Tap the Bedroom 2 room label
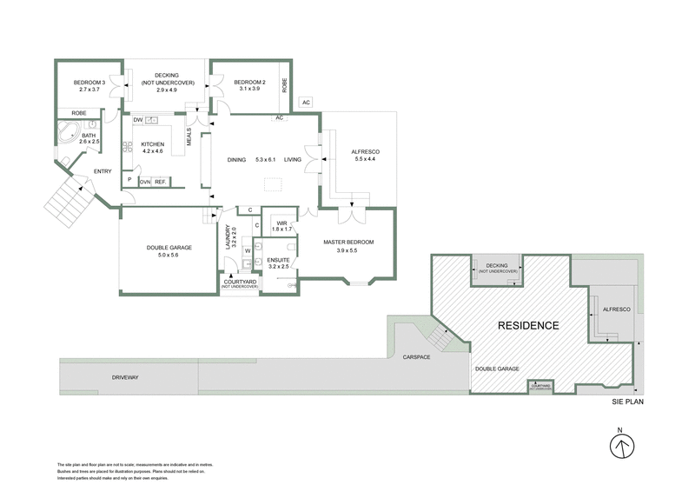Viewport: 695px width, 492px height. (247, 86)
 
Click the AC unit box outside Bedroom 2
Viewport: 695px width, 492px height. (305, 103)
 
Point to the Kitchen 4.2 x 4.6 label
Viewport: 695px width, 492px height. (152, 148)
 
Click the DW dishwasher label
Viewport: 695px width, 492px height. (138, 120)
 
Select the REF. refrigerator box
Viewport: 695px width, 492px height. (160, 182)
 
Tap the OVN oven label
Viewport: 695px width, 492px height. (144, 182)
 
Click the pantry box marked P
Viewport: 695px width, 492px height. (129, 181)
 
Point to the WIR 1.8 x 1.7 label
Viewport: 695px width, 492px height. (281, 227)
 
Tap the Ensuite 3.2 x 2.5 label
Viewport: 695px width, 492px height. (279, 263)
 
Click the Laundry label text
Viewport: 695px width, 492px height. (229, 237)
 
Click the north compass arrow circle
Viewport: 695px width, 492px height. (619, 447)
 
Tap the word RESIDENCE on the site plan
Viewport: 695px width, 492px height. (527, 325)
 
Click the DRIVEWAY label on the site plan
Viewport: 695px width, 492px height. (126, 378)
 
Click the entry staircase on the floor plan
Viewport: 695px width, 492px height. (65, 198)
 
